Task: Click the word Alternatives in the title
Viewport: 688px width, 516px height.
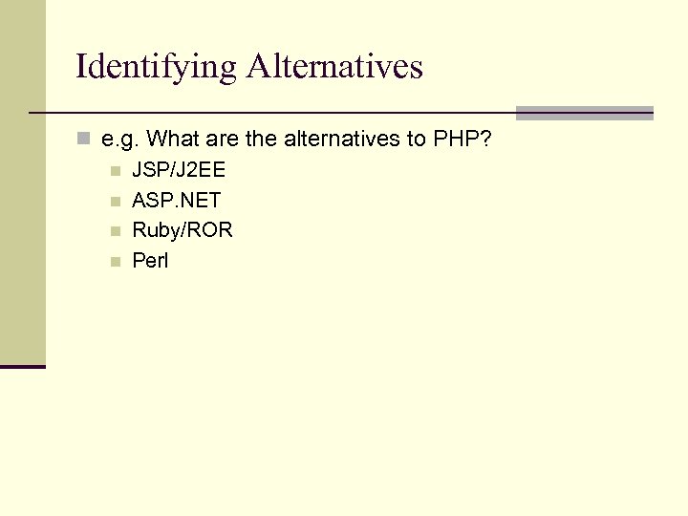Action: tap(333, 67)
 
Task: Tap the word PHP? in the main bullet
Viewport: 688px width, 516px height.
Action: tap(462, 140)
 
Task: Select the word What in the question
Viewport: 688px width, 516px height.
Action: tap(172, 140)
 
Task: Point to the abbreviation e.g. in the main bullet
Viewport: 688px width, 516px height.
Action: tap(120, 140)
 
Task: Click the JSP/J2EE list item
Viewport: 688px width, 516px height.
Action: tap(179, 172)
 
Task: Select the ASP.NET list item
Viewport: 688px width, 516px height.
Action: tap(176, 201)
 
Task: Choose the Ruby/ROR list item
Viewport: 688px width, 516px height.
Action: tap(182, 230)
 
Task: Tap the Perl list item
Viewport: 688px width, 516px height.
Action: tap(150, 260)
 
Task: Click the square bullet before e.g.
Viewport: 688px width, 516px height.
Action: tap(83, 140)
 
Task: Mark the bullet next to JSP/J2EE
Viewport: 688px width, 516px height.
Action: tap(115, 173)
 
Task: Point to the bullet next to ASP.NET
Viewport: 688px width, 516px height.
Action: tap(115, 202)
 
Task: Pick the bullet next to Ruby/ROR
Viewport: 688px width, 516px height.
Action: tap(115, 231)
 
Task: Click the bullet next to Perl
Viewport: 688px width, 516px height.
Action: tap(115, 261)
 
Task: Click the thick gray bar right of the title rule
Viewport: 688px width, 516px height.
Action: tap(584, 113)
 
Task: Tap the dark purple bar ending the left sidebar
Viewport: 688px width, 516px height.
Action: tap(23, 366)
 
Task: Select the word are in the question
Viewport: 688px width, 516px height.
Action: tap(219, 140)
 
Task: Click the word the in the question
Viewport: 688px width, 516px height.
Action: tap(260, 140)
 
